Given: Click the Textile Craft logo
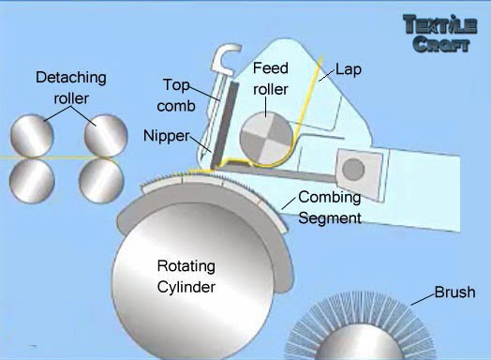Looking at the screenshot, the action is click(440, 33).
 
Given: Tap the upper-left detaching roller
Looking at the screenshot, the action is click(32, 136).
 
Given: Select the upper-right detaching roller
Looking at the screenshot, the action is click(106, 136).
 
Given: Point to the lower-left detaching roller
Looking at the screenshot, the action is click(32, 181).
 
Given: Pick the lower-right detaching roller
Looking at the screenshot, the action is click(101, 181).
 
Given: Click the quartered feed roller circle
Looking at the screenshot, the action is click(266, 139).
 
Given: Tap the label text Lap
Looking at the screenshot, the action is click(349, 69).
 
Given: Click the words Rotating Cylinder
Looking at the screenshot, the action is click(186, 277).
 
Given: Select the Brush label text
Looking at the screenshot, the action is click(455, 292).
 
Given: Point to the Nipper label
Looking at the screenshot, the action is click(167, 136).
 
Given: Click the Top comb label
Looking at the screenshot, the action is click(176, 96).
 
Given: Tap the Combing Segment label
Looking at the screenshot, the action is click(330, 207).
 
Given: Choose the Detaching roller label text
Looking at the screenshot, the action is click(71, 88).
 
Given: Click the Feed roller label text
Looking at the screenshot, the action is click(271, 79).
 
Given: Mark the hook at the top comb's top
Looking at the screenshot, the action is click(226, 58).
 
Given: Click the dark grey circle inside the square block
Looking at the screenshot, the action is click(353, 169).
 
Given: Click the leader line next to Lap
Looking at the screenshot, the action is click(327, 75).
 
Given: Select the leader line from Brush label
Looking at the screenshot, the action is click(423, 299).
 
